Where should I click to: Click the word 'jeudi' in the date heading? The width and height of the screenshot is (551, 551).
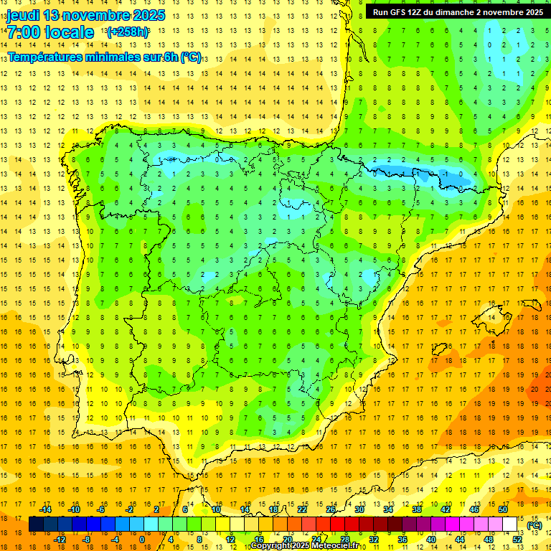pyautogui.click(x=23, y=15)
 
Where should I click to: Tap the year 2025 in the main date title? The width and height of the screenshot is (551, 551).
pyautogui.click(x=148, y=15)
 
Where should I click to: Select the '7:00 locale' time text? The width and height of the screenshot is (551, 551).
pyautogui.click(x=50, y=32)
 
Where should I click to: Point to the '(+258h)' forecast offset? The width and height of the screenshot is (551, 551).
pyautogui.click(x=128, y=32)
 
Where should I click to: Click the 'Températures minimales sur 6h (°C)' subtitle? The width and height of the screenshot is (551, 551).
pyautogui.click(x=105, y=57)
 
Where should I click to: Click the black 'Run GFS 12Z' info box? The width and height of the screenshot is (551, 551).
pyautogui.click(x=458, y=12)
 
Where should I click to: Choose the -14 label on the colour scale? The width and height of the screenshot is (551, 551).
pyautogui.click(x=45, y=509)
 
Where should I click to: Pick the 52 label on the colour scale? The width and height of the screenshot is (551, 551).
pyautogui.click(x=517, y=540)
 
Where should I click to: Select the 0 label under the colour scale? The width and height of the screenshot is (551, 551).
pyautogui.click(x=142, y=540)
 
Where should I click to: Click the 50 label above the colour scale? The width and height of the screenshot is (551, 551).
pyautogui.click(x=503, y=509)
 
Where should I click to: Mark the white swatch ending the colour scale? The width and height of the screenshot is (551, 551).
pyautogui.click(x=510, y=524)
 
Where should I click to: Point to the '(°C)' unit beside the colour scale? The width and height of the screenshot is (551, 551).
pyautogui.click(x=534, y=524)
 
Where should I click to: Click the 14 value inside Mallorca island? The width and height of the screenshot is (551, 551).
pyautogui.click(x=491, y=317)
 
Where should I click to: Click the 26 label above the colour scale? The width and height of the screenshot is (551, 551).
pyautogui.click(x=331, y=509)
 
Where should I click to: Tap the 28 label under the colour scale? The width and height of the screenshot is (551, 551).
pyautogui.click(x=345, y=540)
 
